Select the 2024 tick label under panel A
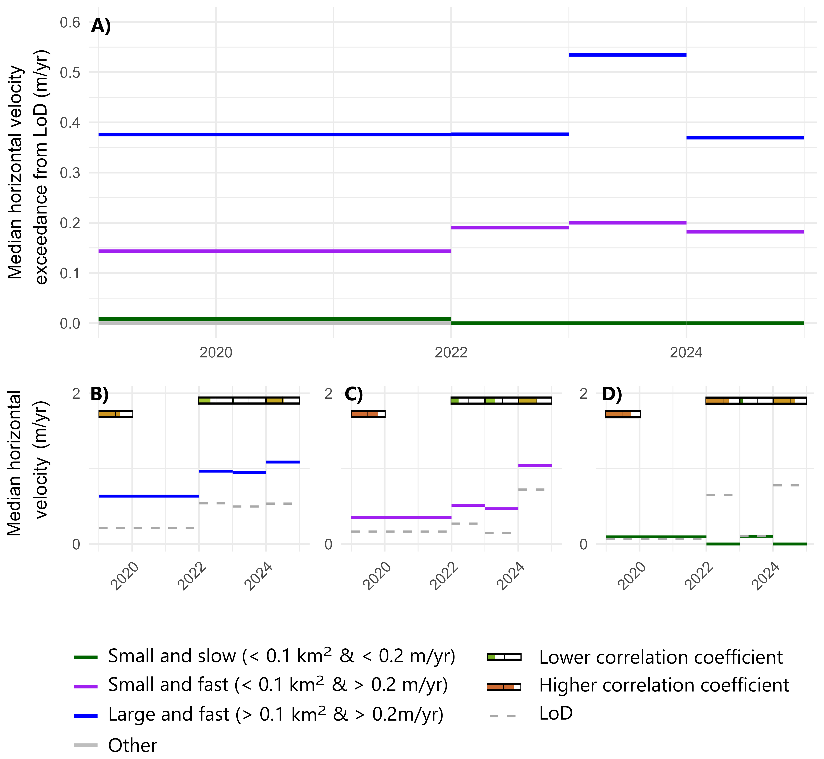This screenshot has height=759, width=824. tap(686, 352)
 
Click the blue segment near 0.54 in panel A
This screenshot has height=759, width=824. tap(627, 55)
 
